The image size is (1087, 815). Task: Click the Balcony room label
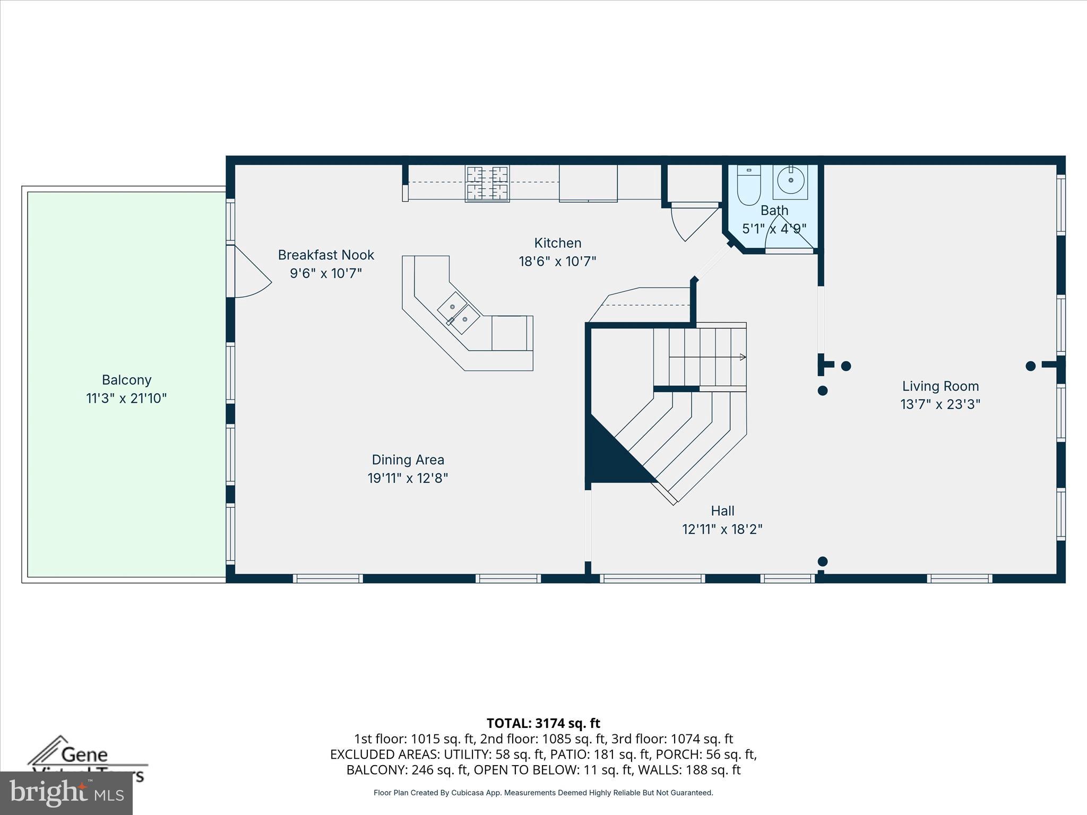(x=126, y=380)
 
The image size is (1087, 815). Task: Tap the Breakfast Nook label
(x=326, y=255)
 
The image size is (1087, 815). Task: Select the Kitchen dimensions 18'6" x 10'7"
(x=557, y=262)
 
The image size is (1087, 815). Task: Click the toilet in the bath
(x=749, y=186)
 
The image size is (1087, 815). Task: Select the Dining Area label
(x=408, y=460)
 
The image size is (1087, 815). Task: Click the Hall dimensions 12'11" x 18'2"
(x=722, y=530)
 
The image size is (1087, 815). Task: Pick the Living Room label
(x=940, y=386)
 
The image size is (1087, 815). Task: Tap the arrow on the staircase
(x=743, y=357)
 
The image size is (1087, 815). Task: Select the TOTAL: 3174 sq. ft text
(x=543, y=723)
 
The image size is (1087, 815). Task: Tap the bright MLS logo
(x=66, y=793)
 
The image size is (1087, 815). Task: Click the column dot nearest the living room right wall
(x=1030, y=366)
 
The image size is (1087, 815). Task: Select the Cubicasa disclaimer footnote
(x=543, y=793)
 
